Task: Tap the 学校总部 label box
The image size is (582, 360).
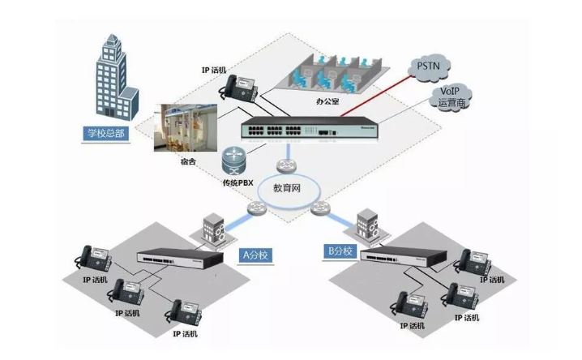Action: (106, 133)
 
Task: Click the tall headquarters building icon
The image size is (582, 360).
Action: (113, 77)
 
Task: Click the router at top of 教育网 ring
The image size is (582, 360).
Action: (285, 166)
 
